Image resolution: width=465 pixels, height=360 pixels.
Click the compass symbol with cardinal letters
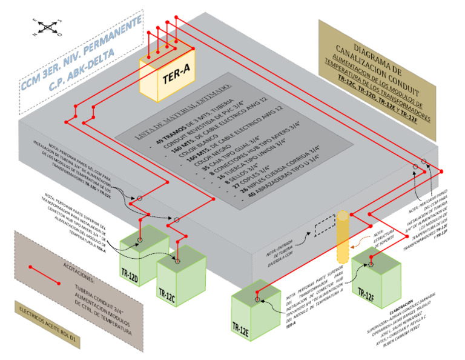pos(47,26)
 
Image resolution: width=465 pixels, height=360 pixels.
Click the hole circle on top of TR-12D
pos(139,241)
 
